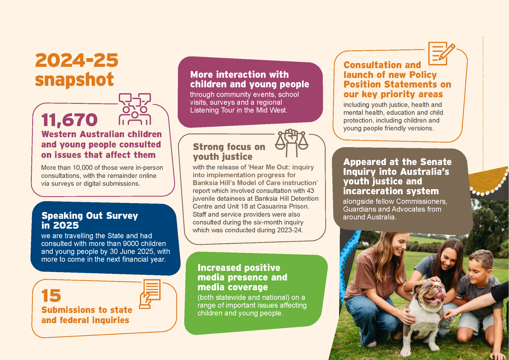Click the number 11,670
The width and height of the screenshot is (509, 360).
coord(69,120)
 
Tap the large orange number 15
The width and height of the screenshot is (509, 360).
coord(51,296)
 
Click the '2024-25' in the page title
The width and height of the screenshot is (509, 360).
coord(77,60)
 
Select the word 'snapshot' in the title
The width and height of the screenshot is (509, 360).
coord(74,79)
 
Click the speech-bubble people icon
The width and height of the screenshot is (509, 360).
coord(135,109)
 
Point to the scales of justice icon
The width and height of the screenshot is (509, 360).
coord(291,143)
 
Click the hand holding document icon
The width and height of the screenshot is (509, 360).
coord(150,294)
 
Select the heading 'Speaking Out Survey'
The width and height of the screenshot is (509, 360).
coord(90,216)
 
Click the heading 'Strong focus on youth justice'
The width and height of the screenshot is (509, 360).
coord(229,152)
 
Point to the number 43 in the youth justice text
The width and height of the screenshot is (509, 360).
coord(310,191)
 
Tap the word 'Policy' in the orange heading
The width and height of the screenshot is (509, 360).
coord(423,75)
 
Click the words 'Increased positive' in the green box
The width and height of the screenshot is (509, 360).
coord(239,268)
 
